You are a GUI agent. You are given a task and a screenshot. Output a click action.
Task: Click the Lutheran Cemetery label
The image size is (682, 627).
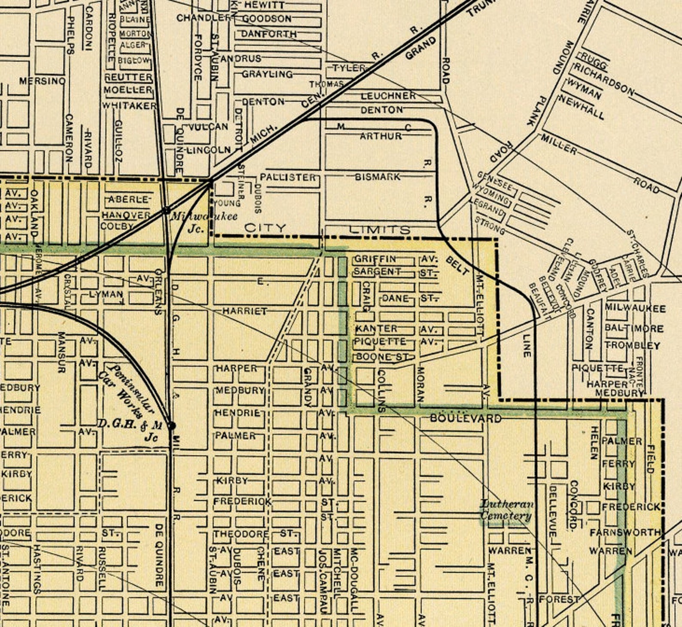[x=506, y=510]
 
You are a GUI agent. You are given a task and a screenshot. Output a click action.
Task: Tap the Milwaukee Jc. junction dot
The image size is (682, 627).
[x=166, y=210]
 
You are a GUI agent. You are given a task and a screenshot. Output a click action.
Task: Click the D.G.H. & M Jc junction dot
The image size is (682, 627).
[x=171, y=426]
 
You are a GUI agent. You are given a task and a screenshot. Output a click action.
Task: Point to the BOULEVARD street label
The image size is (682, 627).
[x=466, y=418]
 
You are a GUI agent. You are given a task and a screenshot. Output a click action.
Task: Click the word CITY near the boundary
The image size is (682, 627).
[x=265, y=228]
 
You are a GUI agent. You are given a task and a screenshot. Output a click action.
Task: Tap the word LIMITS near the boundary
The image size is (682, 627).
[x=380, y=230]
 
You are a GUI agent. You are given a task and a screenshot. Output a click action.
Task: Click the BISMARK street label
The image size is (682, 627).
[x=378, y=177]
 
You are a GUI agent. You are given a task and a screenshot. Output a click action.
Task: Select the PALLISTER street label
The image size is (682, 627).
[x=288, y=177]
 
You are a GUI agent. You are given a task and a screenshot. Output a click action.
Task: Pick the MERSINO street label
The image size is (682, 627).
[x=42, y=81]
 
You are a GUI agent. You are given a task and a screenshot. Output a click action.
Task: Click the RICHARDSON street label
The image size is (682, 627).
[x=604, y=80]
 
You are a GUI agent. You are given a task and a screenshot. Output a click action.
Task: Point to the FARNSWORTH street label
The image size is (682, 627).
[x=625, y=533]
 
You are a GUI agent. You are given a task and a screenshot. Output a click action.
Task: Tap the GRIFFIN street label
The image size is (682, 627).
[x=374, y=259]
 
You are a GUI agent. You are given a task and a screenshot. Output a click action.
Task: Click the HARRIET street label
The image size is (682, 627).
[x=244, y=311]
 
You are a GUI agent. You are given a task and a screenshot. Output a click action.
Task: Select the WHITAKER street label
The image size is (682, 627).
[x=129, y=106]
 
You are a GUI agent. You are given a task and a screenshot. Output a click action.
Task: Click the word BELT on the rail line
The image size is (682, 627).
[x=457, y=266]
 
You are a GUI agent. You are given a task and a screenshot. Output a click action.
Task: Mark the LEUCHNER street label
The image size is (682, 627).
[x=388, y=96]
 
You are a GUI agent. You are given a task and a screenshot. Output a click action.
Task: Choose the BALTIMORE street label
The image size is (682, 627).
[x=634, y=329]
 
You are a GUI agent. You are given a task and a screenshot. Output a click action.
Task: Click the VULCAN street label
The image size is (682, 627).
[x=208, y=127]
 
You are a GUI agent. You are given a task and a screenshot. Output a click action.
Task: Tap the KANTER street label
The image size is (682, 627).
[x=376, y=329]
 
